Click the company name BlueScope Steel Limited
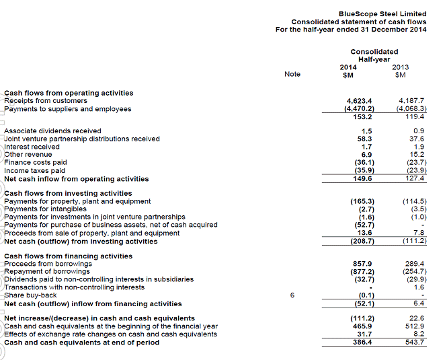[382, 13]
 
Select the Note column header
[292, 74]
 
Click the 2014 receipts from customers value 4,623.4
[358, 101]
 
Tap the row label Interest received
[32, 147]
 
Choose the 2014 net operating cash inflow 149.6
[362, 179]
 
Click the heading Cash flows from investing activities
[68, 193]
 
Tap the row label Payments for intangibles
[45, 209]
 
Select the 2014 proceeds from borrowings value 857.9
[362, 264]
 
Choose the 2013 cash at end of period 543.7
[415, 343]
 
